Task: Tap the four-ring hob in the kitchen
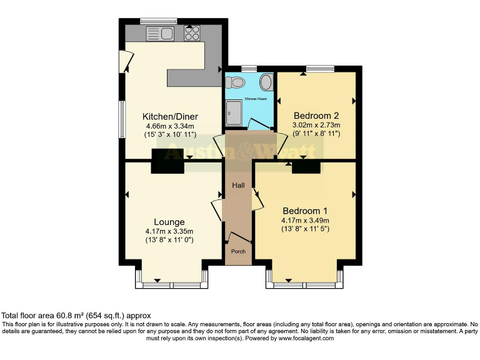[192, 32]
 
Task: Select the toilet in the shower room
[236, 82]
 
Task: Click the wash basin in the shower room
[266, 82]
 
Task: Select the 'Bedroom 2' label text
[316, 115]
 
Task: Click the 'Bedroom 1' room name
[305, 210]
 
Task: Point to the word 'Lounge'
[169, 221]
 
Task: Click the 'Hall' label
[239, 186]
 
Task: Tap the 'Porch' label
[239, 251]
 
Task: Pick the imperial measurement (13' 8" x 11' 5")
[305, 229]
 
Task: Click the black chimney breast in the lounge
[167, 161]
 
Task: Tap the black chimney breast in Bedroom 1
[306, 166]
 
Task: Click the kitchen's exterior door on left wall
[127, 61]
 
